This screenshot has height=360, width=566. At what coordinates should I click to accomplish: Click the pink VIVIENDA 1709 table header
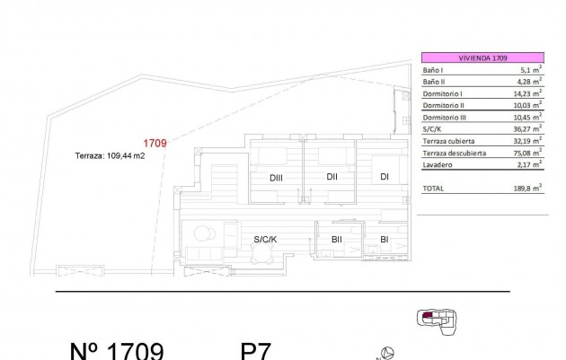click(482, 57)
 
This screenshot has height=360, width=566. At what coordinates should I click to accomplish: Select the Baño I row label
click(433, 69)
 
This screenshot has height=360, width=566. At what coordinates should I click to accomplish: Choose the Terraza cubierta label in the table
click(449, 141)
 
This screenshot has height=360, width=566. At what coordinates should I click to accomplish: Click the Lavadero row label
click(437, 164)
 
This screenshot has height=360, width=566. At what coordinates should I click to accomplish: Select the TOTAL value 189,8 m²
click(528, 189)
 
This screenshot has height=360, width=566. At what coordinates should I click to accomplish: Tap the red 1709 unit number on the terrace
click(155, 142)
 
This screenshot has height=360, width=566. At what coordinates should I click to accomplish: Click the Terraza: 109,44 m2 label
click(110, 155)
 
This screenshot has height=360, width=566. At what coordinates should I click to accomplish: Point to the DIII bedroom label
click(277, 178)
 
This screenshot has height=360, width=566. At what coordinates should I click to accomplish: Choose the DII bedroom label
click(332, 176)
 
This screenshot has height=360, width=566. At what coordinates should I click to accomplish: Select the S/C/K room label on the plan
click(266, 239)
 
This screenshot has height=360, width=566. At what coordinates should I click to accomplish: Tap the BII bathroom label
click(336, 239)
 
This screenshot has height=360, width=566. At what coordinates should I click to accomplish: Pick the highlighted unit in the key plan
click(427, 314)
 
